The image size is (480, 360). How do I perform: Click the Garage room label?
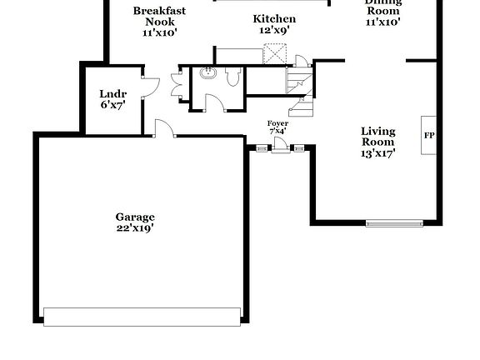(134, 217)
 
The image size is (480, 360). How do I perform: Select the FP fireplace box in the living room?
(429, 135)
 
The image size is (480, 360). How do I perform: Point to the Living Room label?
(377, 137)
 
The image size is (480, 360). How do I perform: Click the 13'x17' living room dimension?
(377, 152)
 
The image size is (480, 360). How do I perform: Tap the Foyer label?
(277, 123)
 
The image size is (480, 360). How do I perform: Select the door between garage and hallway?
(164, 127)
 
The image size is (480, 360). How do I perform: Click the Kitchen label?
(274, 18)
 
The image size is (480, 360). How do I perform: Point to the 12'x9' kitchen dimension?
(274, 29)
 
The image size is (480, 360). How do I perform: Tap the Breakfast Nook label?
(159, 17)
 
